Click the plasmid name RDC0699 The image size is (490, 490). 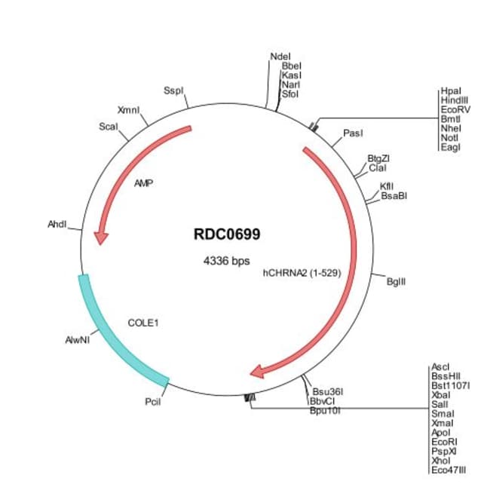coord(227,234)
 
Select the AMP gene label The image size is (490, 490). coord(143,183)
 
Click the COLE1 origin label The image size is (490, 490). coord(143,323)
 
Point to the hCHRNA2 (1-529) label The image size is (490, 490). coord(302,274)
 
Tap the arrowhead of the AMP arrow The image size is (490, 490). coord(100,237)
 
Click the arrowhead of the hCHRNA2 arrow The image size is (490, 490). coord(258,370)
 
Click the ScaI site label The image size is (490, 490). coord(109,127)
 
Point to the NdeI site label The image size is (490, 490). coord(278,57)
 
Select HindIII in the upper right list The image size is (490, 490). coord(455,100)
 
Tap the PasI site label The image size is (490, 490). coord(353,133)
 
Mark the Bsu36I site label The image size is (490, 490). coord(328,391)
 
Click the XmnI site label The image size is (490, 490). coord(129,110)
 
